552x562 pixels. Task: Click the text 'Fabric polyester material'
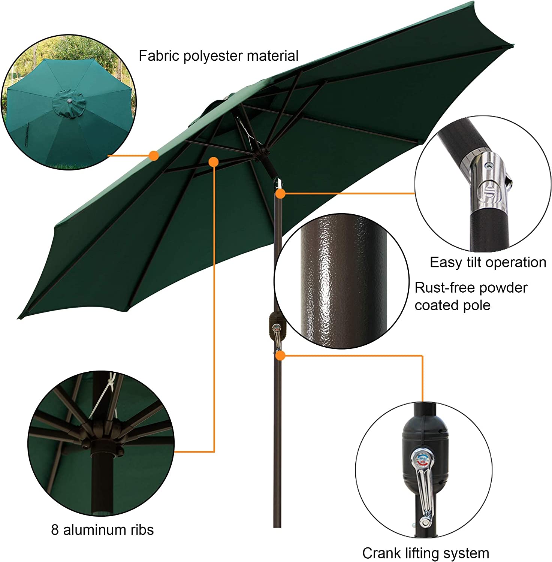[218, 56]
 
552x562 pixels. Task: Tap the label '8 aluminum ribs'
[102, 530]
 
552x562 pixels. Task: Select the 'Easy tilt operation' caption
[488, 262]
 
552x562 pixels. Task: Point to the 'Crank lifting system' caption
[425, 553]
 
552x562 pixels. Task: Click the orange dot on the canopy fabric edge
[153, 155]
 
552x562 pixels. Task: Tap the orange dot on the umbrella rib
[213, 162]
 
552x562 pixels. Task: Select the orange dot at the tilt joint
[280, 193]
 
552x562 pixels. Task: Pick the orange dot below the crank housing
[280, 356]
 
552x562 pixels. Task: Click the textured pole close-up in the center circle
[343, 281]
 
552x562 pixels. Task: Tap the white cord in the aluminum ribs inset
[101, 397]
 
